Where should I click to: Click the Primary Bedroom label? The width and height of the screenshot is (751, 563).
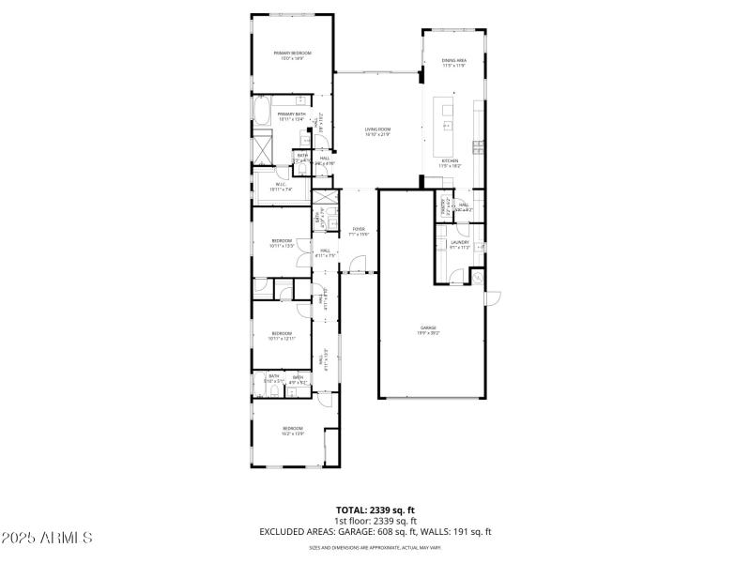point(292,55)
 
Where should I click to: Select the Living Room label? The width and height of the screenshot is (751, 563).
point(378,131)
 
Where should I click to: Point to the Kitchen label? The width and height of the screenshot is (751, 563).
point(451,163)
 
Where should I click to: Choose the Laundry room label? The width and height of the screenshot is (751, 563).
point(459,244)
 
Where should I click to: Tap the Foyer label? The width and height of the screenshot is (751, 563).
point(359,231)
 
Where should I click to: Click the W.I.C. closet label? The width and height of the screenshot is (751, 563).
point(282,187)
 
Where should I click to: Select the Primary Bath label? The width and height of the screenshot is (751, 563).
point(291,116)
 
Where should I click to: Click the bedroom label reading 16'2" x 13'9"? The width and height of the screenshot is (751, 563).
point(293,431)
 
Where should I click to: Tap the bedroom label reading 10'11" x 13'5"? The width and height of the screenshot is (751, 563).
point(282,243)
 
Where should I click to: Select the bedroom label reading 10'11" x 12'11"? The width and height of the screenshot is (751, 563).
point(282,335)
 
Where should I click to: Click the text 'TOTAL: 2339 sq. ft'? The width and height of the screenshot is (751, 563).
point(375,510)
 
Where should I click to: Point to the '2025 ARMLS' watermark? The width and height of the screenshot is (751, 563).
point(47,538)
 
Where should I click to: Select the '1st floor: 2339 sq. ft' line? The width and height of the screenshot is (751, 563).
point(375,521)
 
